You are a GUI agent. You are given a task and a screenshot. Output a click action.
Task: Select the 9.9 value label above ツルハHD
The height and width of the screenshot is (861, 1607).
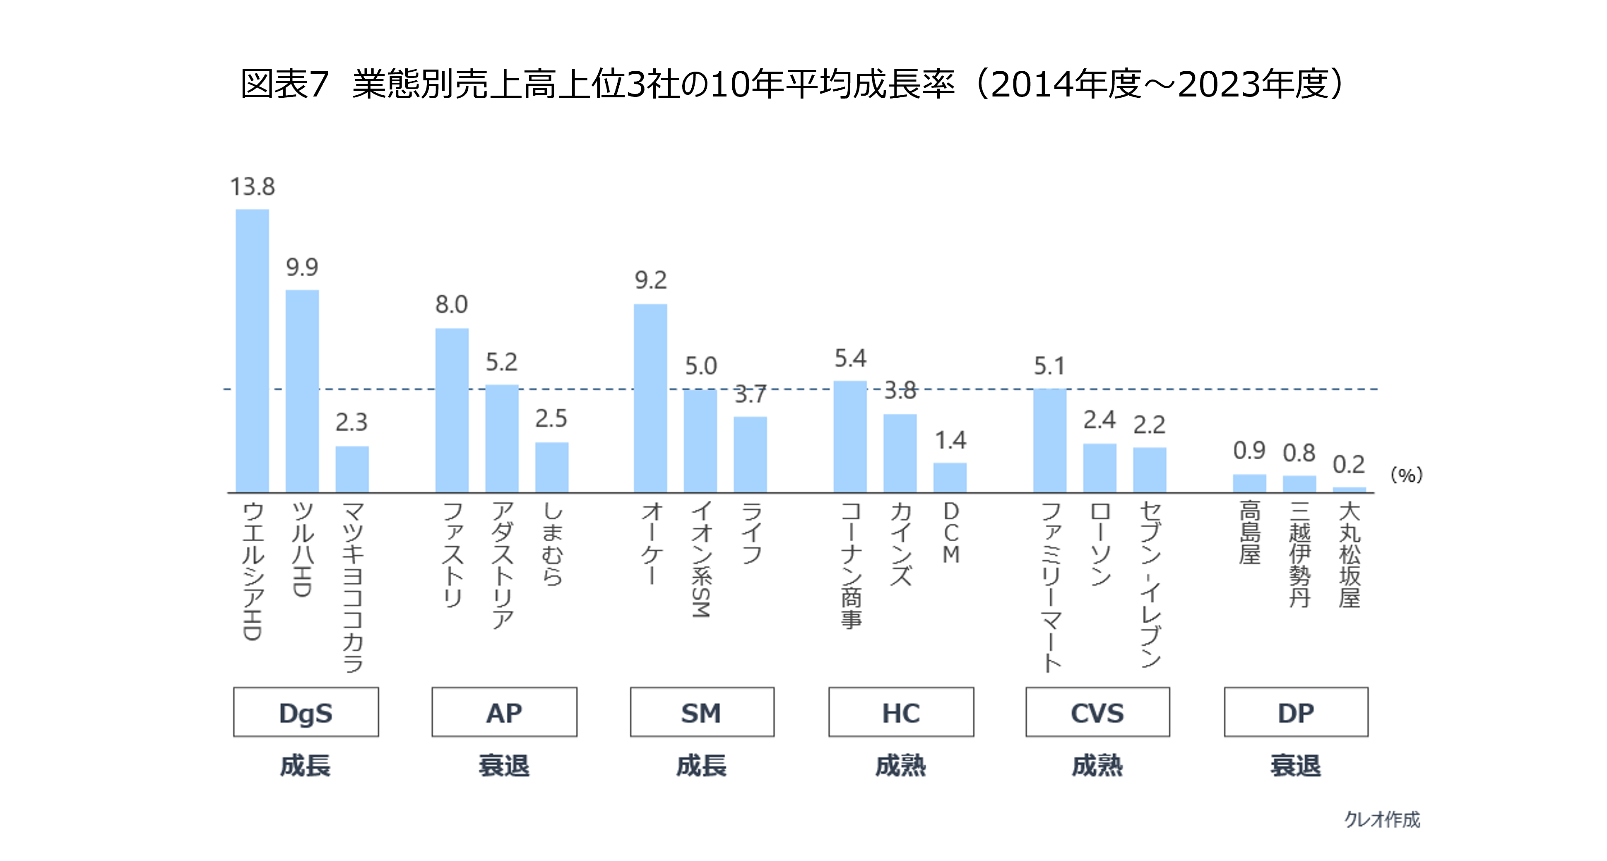(302, 268)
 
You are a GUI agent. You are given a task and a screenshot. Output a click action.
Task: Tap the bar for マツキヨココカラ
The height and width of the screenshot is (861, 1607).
(352, 469)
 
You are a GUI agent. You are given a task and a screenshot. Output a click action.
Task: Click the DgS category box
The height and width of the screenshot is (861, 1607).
(306, 712)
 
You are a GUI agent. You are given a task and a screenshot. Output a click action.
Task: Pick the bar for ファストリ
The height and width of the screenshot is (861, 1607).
(452, 410)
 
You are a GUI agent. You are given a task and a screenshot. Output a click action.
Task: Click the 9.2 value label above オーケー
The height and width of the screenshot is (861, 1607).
(651, 280)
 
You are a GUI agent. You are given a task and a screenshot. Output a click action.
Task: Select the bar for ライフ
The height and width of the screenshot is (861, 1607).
(750, 454)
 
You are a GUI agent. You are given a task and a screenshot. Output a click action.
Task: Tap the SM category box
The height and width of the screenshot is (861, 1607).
(702, 712)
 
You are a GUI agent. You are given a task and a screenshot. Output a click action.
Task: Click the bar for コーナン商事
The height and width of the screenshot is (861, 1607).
(850, 437)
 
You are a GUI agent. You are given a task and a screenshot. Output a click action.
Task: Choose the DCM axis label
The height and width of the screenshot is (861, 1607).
(950, 533)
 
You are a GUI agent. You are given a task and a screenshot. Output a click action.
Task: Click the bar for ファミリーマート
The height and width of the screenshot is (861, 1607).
(1049, 441)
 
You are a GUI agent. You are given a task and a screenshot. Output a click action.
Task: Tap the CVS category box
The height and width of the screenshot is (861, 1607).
(1097, 712)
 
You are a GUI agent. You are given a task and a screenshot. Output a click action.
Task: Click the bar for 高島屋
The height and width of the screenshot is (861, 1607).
(1249, 484)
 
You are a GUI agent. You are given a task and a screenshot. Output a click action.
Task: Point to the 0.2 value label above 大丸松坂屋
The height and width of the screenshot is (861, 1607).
(1349, 465)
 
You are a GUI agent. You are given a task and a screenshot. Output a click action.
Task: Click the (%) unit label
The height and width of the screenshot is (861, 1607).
(1406, 475)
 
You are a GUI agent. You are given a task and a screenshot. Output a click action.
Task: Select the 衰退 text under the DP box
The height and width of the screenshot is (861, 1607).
(1296, 766)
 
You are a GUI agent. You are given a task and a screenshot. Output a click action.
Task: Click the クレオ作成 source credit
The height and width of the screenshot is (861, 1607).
(1382, 819)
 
